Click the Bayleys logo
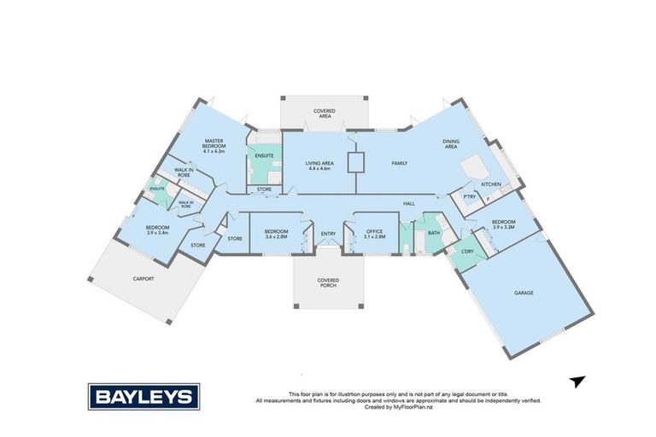[143, 396]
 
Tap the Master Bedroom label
[214, 145]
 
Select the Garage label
[524, 293]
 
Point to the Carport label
[143, 278]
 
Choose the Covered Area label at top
[325, 114]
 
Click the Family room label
[399, 163]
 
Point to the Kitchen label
[490, 184]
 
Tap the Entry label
[328, 234]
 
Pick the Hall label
[409, 203]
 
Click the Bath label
[434, 232]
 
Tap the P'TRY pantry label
[468, 195]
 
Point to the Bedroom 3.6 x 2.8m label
[276, 234]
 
